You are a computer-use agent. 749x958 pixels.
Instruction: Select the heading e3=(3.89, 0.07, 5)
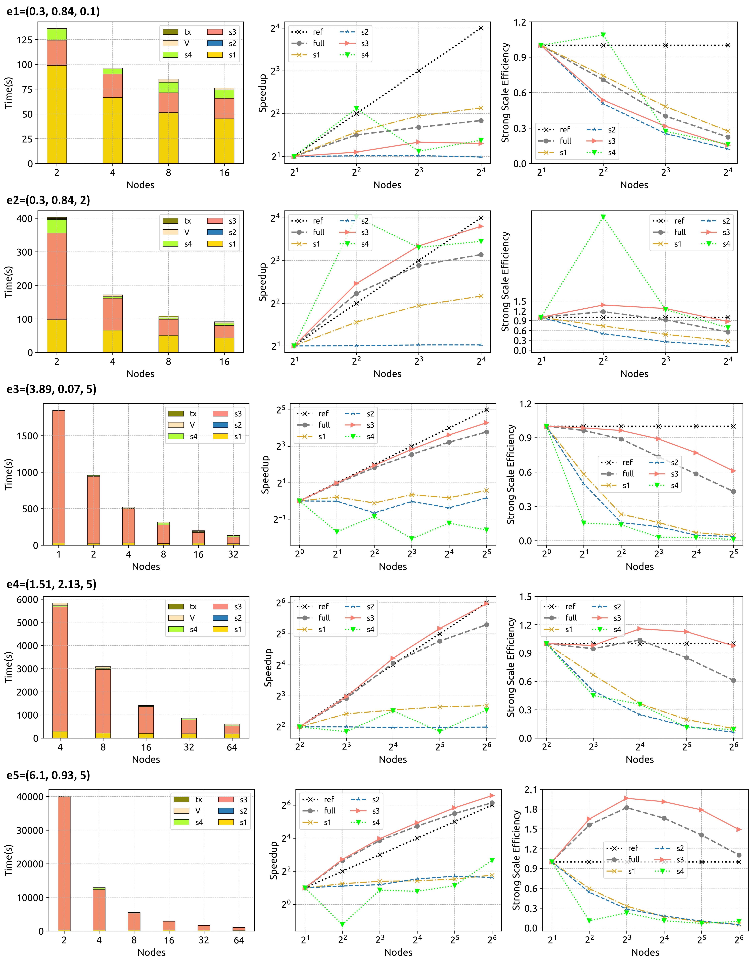(x=51, y=389)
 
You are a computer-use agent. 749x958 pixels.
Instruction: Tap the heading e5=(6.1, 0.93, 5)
(x=48, y=775)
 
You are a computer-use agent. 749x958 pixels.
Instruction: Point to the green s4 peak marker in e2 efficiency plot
(x=603, y=217)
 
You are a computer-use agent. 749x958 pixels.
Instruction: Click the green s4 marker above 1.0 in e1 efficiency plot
(x=603, y=35)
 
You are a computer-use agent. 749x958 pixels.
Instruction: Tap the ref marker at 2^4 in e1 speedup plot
(x=481, y=28)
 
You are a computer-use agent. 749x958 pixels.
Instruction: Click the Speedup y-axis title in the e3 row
(x=265, y=475)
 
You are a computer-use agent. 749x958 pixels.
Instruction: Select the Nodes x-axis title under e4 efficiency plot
(x=639, y=759)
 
